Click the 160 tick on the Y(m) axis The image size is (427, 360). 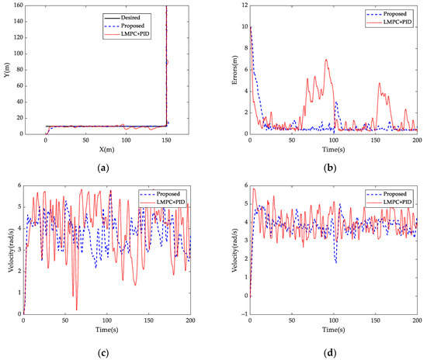click(15, 6)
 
